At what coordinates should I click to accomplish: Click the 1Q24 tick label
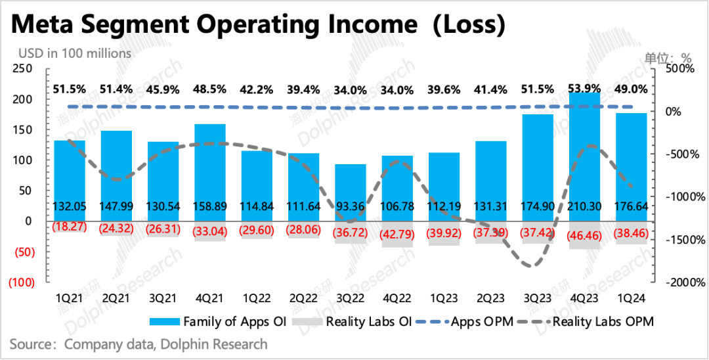coord(631,298)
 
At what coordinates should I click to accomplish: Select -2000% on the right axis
coord(687,282)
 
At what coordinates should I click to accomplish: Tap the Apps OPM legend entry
coord(473,322)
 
